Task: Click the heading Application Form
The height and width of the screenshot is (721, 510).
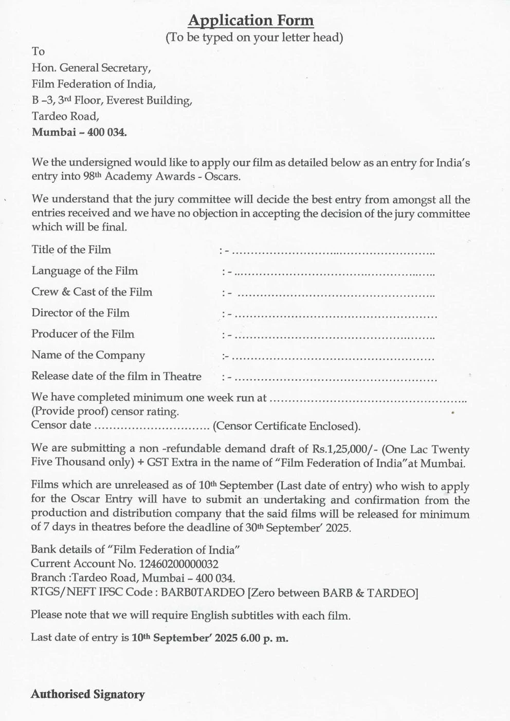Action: tap(250, 21)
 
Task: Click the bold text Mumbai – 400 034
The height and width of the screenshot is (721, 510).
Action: tap(79, 132)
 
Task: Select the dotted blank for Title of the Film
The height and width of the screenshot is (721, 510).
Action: tap(334, 252)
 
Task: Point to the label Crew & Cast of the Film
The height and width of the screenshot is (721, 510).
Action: tap(92, 292)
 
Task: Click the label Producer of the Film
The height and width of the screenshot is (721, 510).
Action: tap(83, 334)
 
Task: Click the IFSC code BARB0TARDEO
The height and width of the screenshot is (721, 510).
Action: tap(203, 593)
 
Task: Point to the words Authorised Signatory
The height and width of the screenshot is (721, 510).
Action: tap(88, 694)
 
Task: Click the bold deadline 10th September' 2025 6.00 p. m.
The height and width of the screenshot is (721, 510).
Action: tap(210, 638)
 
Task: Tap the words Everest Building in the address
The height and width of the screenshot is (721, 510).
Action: tap(149, 100)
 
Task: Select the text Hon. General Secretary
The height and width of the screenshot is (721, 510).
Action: tap(92, 68)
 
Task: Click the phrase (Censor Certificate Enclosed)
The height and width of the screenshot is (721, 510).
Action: tap(286, 427)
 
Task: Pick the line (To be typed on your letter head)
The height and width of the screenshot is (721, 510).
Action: tap(254, 38)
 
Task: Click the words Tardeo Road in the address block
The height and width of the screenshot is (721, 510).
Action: tap(65, 116)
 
